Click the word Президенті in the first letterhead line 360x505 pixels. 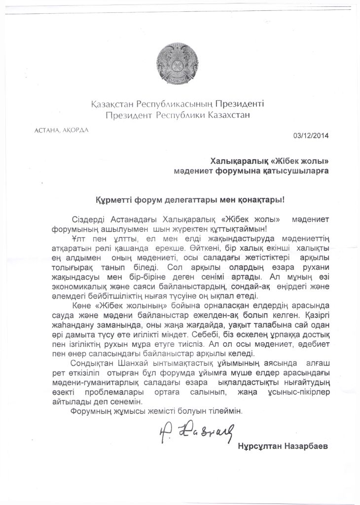pyautogui.click(x=240, y=105)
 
